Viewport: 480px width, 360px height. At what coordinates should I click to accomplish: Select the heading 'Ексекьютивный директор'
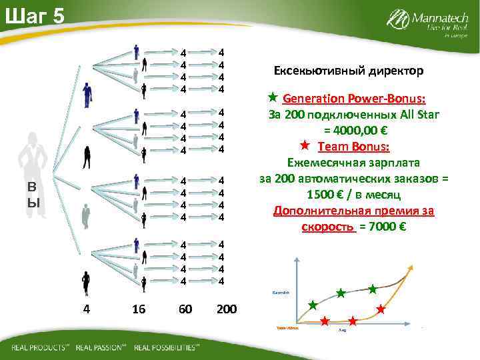[x=349, y=70]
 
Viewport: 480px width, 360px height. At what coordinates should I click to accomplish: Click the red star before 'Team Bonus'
[x=305, y=145]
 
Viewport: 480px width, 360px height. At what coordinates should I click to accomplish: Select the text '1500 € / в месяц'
[x=353, y=195]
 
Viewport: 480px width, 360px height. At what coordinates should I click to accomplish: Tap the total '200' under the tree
[x=227, y=309]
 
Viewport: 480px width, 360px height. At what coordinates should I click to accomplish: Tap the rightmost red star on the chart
[x=381, y=309]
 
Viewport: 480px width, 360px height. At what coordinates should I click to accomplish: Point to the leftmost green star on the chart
[x=313, y=305]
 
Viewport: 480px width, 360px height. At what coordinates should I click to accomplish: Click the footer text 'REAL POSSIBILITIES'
[x=166, y=347]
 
